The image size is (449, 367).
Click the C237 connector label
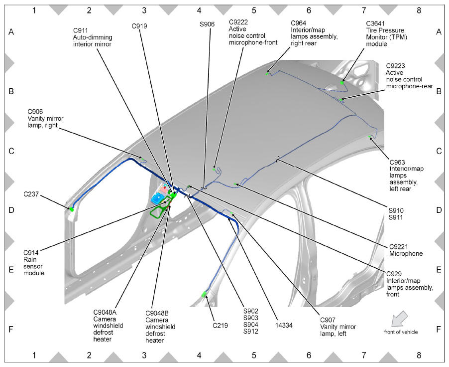click(x=31, y=194)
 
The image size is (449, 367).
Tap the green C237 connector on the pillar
click(x=71, y=209)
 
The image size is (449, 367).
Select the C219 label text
click(x=220, y=326)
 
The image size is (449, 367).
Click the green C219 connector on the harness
click(x=205, y=294)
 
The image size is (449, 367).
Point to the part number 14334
click(x=284, y=325)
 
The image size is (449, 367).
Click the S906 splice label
click(x=207, y=24)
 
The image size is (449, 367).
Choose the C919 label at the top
click(x=139, y=26)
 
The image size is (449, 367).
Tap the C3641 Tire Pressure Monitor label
click(x=385, y=34)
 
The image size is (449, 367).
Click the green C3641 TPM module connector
click(x=342, y=83)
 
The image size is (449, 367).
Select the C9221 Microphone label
click(x=406, y=250)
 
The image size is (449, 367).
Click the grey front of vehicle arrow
click(x=399, y=319)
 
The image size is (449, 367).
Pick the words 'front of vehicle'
click(x=401, y=332)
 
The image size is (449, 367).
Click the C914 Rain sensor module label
click(x=34, y=263)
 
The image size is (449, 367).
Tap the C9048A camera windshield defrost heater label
click(x=108, y=326)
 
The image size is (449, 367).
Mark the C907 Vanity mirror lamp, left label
click(x=338, y=327)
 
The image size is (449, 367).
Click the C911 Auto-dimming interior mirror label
click(x=93, y=37)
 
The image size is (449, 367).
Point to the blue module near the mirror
click(x=158, y=198)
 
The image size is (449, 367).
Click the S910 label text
click(x=396, y=210)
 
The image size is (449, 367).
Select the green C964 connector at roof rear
click(x=267, y=74)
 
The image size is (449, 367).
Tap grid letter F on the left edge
click(x=11, y=329)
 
